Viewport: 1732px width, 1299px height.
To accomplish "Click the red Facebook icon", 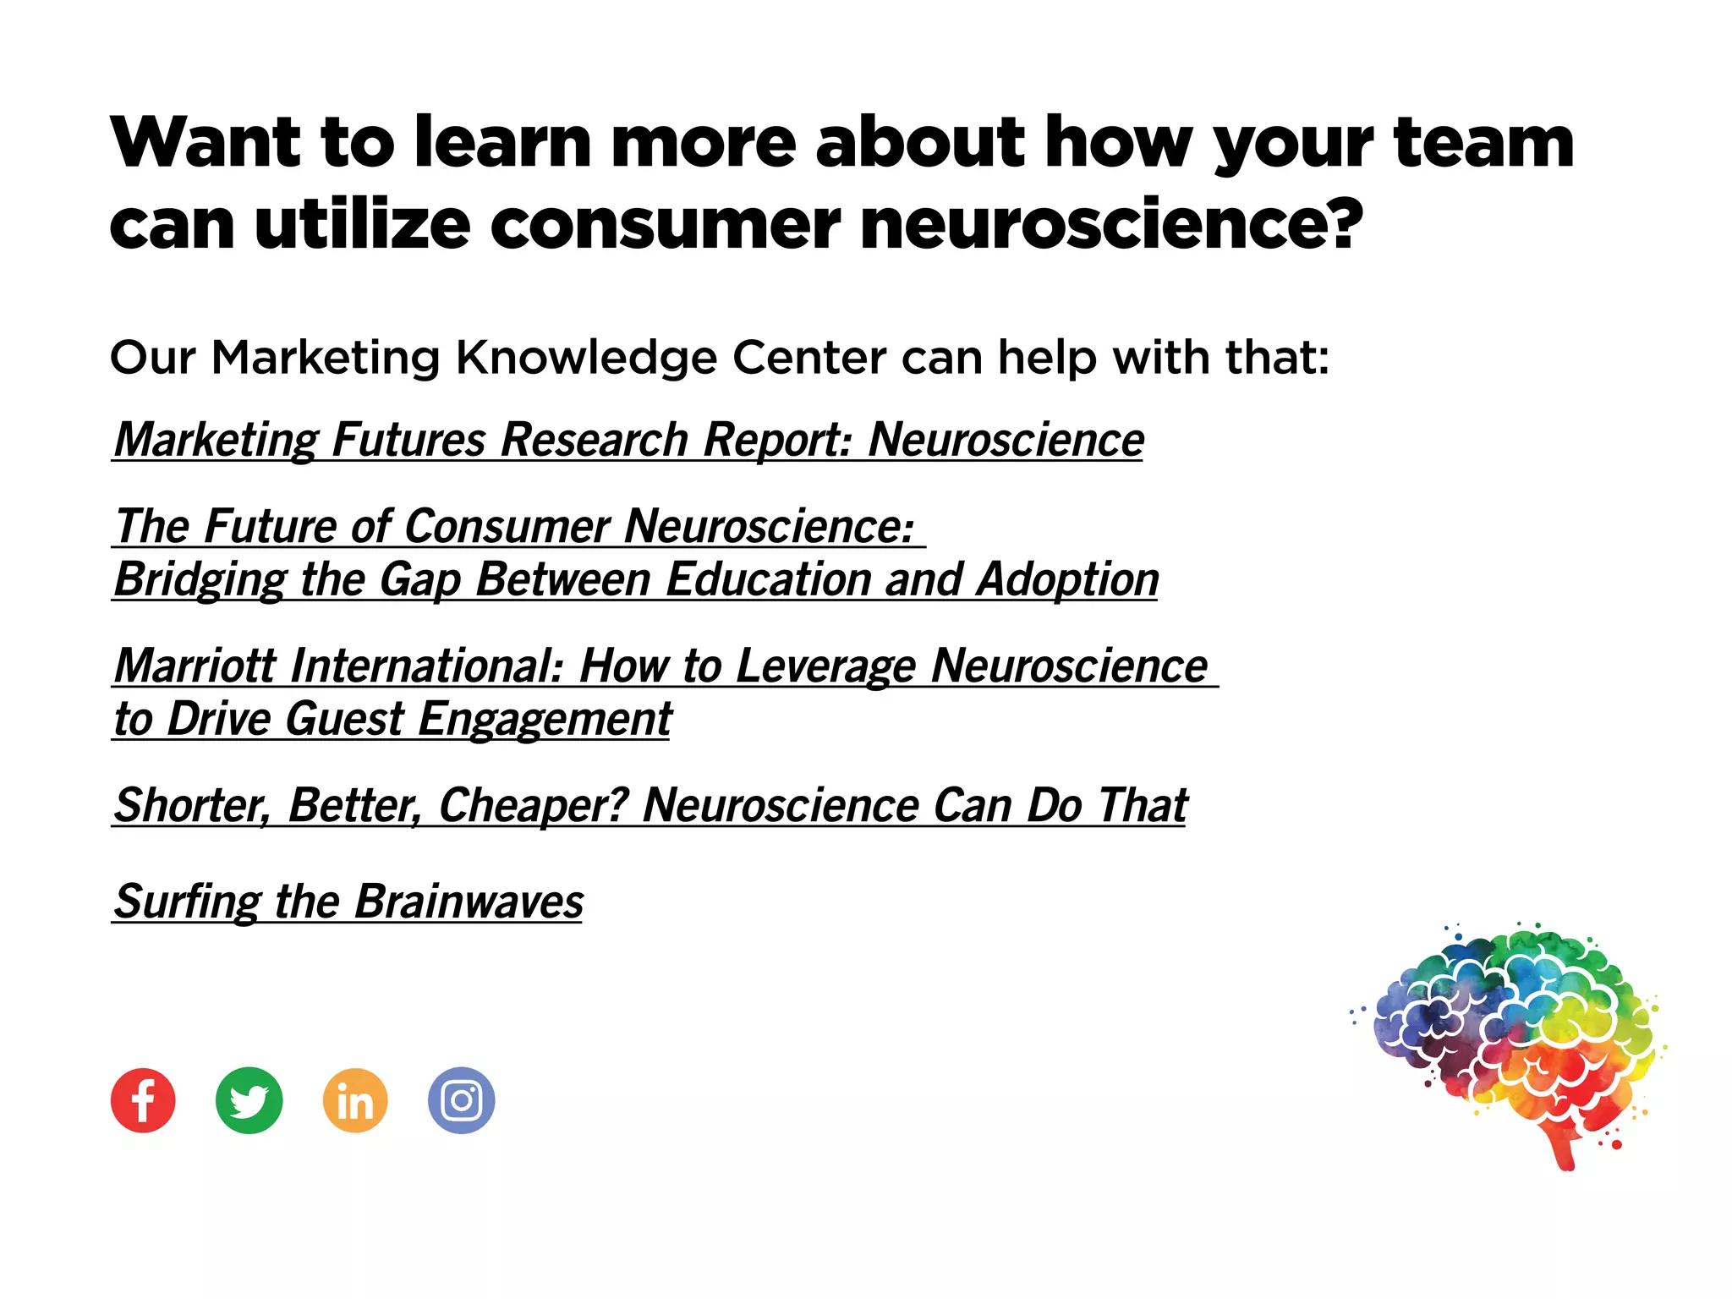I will tap(143, 1100).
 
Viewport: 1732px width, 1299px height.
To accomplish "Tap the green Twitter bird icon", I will tap(249, 1100).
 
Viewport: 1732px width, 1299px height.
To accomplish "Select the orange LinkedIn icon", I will tap(355, 1100).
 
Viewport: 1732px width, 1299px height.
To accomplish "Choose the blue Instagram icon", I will tap(461, 1100).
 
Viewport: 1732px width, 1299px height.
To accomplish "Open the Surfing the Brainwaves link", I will tap(348, 902).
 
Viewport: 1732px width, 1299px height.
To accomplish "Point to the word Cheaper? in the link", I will tap(534, 805).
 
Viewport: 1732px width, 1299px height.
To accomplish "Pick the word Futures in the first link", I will tap(408, 440).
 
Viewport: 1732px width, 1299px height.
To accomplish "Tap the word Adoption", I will tap(1067, 580).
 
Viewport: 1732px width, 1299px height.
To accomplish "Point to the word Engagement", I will tap(545, 720).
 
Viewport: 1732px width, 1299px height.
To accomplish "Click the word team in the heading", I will tap(1483, 142).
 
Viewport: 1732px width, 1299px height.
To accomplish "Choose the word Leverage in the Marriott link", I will tap(825, 666).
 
